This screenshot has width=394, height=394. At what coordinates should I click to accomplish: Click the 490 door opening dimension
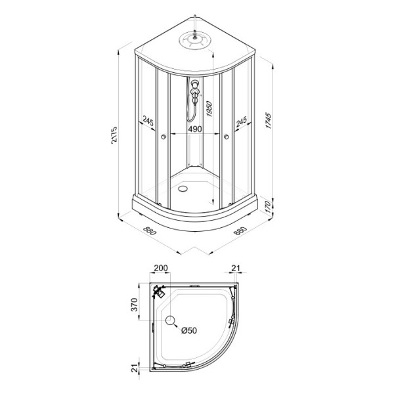click(x=194, y=130)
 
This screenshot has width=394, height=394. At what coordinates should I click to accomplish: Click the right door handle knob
click(x=226, y=137)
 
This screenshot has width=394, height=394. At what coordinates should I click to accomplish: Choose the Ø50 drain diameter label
click(x=188, y=330)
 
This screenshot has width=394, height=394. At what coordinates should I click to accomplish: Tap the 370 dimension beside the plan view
click(x=133, y=304)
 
